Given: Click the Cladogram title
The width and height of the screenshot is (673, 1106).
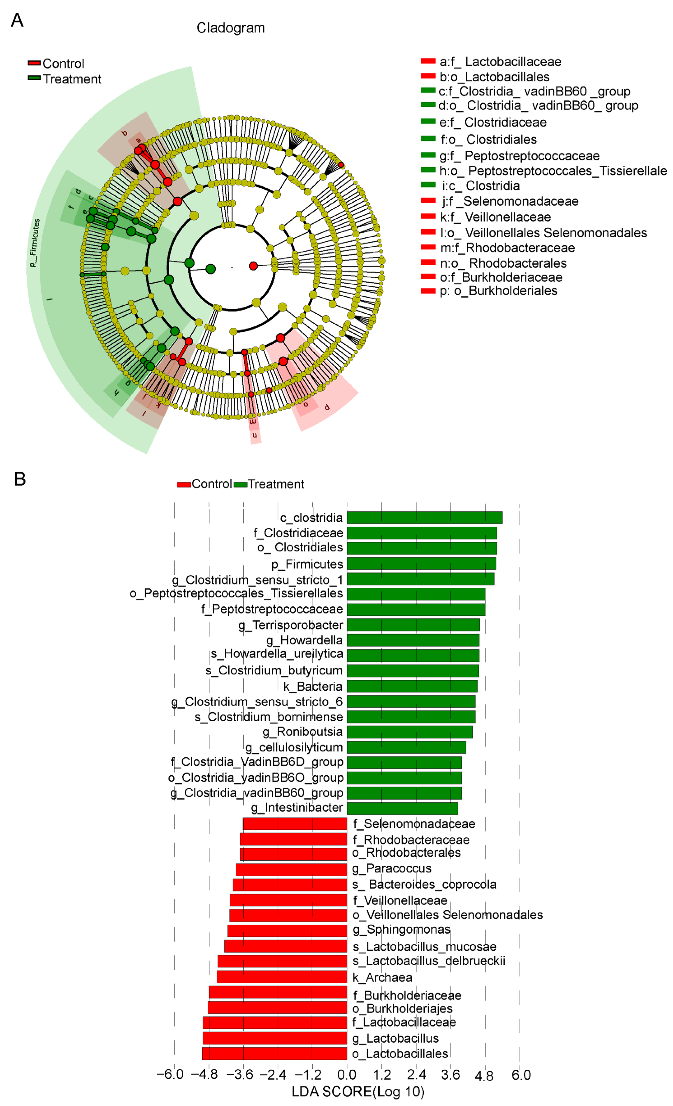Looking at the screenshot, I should (x=230, y=28).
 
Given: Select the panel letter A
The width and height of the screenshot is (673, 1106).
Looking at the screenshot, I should (x=17, y=20).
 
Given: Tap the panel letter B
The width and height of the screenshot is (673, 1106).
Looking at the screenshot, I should (x=20, y=479).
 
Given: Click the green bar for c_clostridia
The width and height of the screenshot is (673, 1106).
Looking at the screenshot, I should (x=424, y=518).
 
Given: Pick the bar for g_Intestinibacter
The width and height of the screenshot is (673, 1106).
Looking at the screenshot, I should (x=402, y=808).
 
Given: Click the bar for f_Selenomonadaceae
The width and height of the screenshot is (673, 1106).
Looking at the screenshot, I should (x=295, y=824).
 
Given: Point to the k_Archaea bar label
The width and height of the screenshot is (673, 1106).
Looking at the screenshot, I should (x=382, y=977).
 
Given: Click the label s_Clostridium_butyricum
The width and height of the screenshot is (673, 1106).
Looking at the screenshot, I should (x=274, y=670).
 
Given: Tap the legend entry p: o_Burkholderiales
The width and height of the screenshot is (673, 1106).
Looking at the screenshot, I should (x=498, y=290).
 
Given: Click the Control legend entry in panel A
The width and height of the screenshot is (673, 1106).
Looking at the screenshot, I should (x=63, y=63).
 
